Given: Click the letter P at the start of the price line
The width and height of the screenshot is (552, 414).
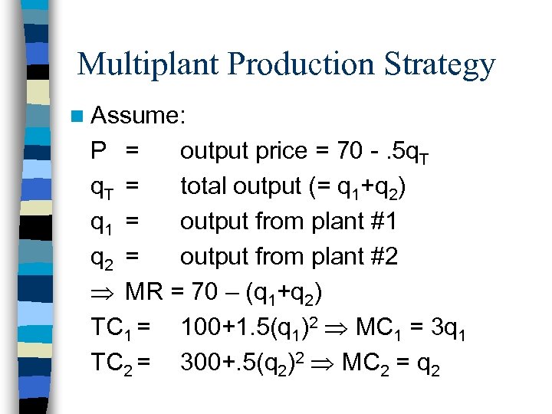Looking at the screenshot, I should click(99, 151).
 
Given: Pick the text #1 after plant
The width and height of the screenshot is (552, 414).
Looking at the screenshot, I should click(383, 221).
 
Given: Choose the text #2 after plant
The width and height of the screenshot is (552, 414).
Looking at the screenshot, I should click(383, 256).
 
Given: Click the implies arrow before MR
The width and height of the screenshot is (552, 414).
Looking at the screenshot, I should click(103, 292).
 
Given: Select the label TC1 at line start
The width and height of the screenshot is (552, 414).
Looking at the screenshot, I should click(116, 327).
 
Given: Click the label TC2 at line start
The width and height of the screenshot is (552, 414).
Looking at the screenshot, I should click(116, 363).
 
